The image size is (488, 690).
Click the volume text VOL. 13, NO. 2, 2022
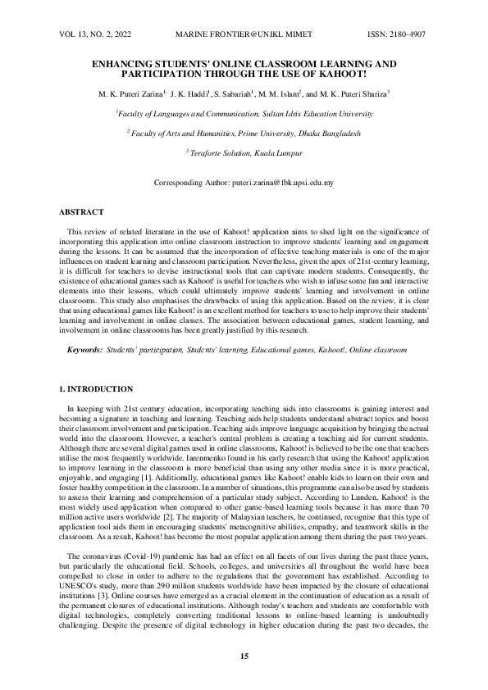tap(95, 35)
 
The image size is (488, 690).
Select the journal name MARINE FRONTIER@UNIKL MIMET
tap(244, 35)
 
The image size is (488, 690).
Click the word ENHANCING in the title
tap(127, 63)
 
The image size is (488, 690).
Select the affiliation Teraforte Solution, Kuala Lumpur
tap(244, 152)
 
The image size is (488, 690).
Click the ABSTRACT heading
tap(82, 212)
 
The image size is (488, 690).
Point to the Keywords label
tap(85, 350)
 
